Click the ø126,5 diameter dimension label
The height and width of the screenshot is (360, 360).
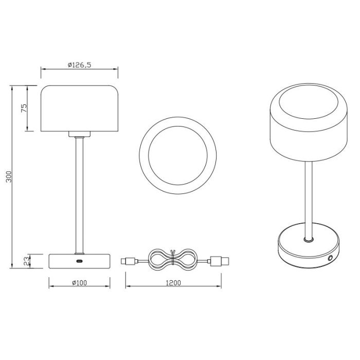click(79, 65)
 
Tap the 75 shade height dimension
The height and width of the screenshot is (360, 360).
click(24, 108)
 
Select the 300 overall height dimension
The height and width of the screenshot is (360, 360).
click(9, 176)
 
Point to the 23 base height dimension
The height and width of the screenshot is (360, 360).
click(27, 261)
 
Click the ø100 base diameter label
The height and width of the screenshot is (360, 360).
click(79, 283)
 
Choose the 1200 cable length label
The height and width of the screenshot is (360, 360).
click(173, 283)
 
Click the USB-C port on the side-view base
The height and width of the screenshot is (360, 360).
click(79, 261)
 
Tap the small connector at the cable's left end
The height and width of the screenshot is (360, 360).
click(129, 261)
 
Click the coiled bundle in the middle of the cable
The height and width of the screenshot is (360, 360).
click(172, 260)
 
